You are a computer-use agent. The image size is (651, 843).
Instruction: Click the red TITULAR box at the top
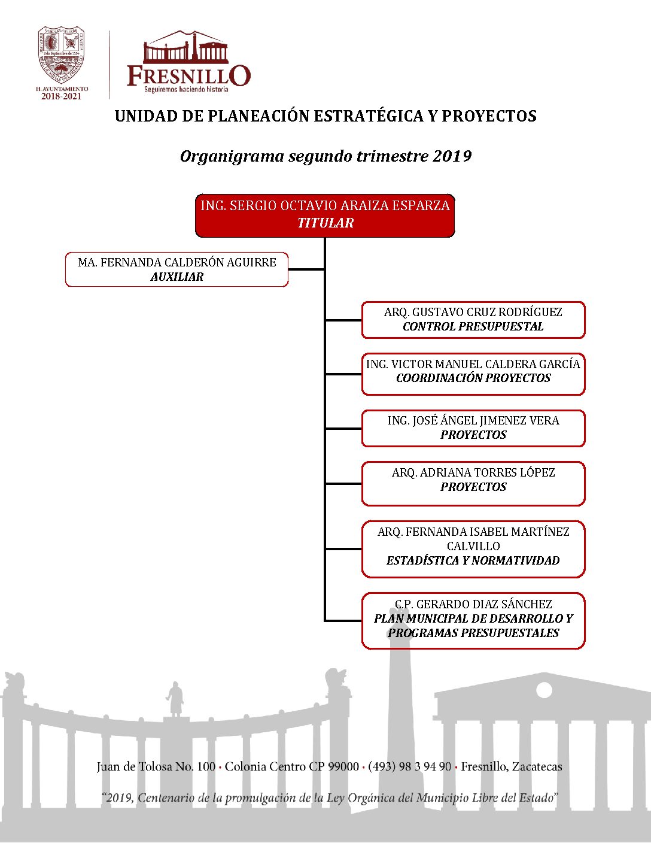pos(325,216)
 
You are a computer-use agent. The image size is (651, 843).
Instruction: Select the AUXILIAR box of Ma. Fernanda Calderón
pos(177,269)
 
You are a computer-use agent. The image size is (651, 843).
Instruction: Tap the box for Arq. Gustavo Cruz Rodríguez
pos(473,320)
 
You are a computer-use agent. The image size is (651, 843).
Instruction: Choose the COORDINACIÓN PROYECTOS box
pos(473,374)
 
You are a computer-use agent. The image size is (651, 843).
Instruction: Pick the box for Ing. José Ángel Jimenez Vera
pos(473,428)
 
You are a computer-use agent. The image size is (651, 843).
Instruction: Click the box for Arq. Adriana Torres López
pos(473,483)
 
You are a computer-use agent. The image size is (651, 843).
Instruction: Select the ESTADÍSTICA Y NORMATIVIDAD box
pos(473,549)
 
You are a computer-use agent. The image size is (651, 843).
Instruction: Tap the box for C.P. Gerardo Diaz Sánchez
pos(473,621)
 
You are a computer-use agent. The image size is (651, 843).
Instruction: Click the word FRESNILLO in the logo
pos(188,76)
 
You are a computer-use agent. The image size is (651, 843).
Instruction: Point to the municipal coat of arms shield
pos(62,55)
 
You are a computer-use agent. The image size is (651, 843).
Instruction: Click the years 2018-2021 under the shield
pos(61,96)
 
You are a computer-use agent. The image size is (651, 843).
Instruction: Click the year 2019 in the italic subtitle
pos(452,156)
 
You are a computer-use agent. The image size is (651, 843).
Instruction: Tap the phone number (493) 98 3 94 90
pos(409,766)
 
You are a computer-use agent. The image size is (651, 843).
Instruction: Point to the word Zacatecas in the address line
pos(537,766)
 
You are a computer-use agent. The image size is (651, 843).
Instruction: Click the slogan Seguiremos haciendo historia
pos(186,89)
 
